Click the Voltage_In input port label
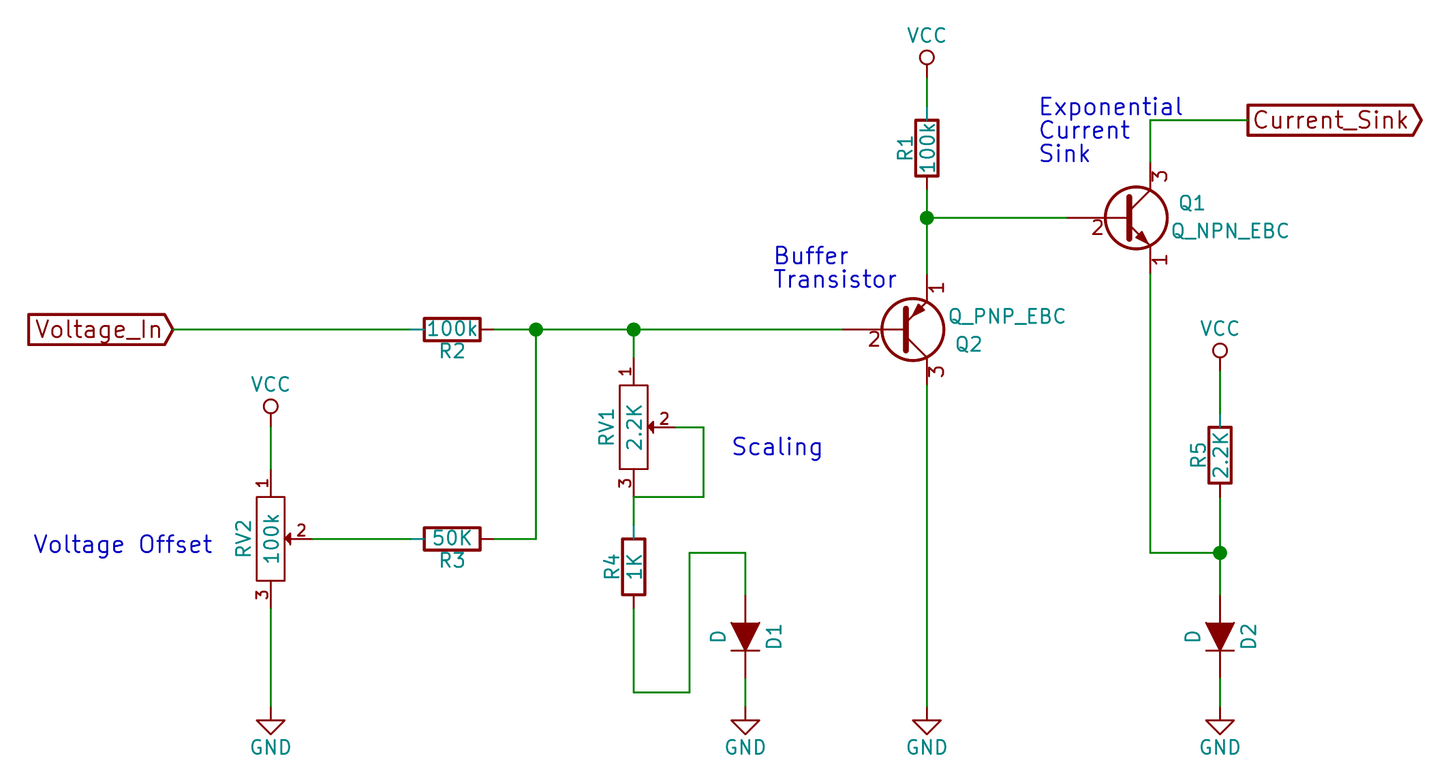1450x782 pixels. click(99, 330)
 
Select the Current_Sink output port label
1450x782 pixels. click(1332, 121)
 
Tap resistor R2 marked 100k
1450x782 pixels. click(452, 330)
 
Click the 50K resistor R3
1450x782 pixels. click(452, 539)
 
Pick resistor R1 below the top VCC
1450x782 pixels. click(927, 148)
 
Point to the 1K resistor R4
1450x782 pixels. click(634, 567)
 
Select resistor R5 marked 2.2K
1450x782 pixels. click(1220, 455)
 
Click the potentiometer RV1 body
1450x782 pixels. click(634, 427)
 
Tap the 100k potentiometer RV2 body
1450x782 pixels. click(271, 539)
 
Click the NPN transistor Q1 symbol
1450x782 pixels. click(1136, 218)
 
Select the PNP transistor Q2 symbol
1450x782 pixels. click(912, 330)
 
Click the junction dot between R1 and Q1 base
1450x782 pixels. click(927, 218)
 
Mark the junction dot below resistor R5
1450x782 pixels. click(1220, 552)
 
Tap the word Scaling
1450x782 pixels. click(777, 448)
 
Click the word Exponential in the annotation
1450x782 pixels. click(1111, 108)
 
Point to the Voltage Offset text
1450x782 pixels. click(123, 545)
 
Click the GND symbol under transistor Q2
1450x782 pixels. click(927, 728)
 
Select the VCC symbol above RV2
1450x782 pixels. click(271, 406)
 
